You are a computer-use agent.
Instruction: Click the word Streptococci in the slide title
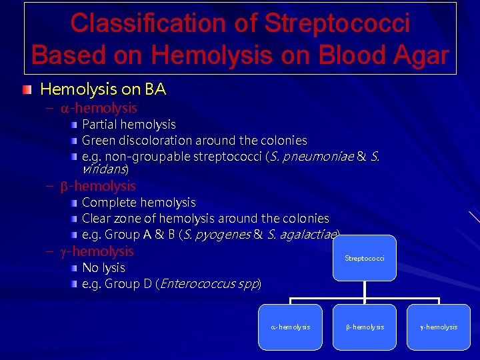(337, 23)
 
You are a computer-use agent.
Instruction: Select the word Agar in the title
(413, 55)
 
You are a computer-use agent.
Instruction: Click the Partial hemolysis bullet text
(129, 125)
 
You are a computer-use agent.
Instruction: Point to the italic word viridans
(103, 169)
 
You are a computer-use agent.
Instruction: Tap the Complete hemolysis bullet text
(139, 202)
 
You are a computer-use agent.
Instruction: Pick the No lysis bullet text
(103, 267)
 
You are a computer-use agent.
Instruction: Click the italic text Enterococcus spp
(209, 283)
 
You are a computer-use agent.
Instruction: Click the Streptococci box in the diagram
(365, 258)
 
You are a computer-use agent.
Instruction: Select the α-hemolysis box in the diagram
(290, 327)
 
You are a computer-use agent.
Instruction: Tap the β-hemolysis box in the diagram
(365, 327)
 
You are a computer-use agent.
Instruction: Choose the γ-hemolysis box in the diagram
(439, 327)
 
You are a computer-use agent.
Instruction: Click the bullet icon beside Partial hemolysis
(76, 125)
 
